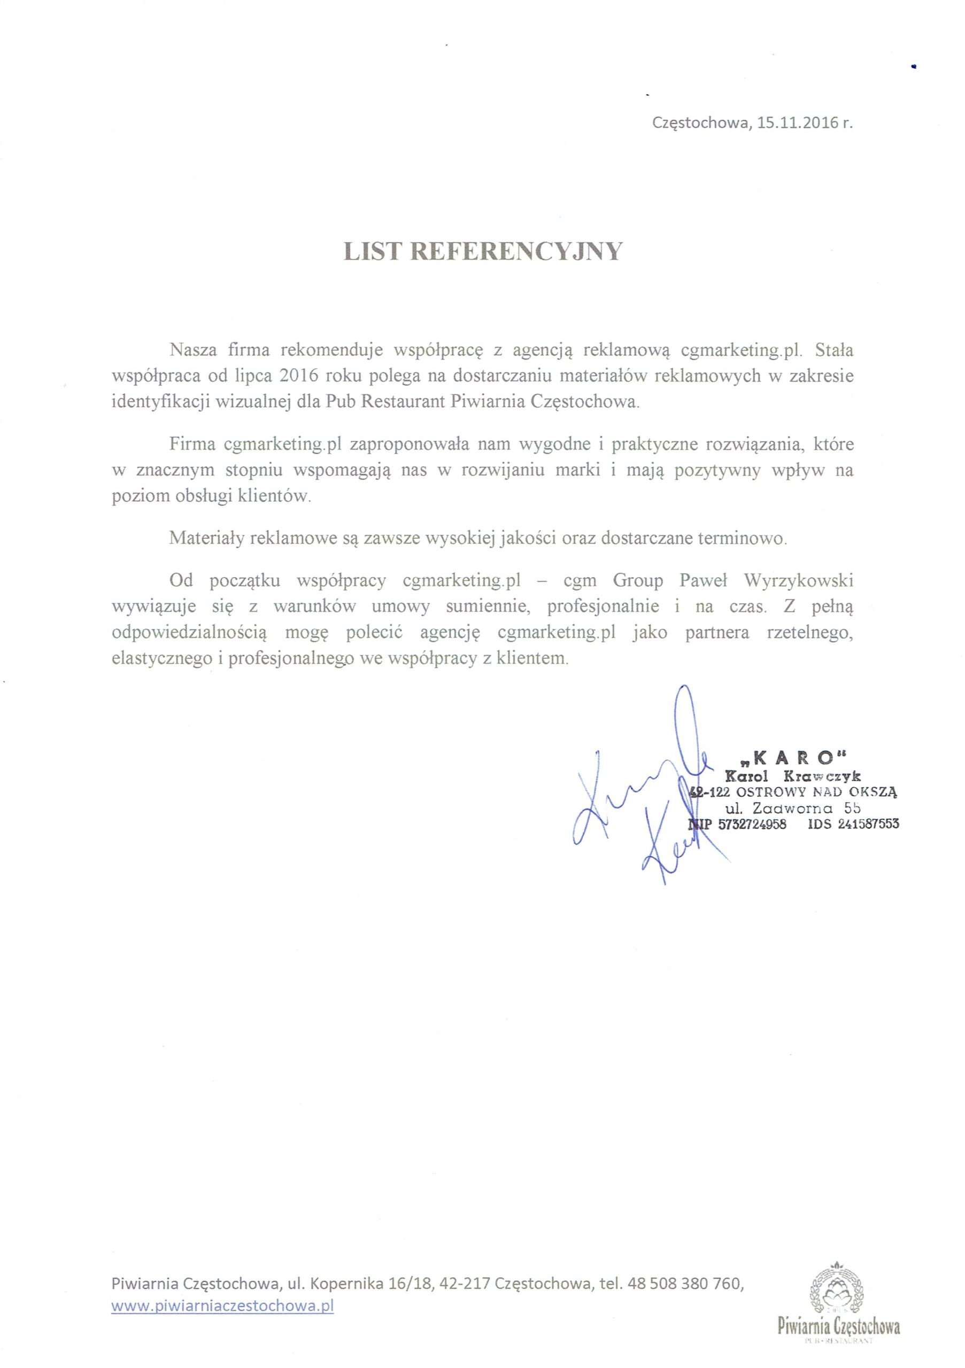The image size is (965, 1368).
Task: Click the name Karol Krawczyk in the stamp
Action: point(792,776)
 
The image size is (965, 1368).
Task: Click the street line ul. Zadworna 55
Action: point(792,809)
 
